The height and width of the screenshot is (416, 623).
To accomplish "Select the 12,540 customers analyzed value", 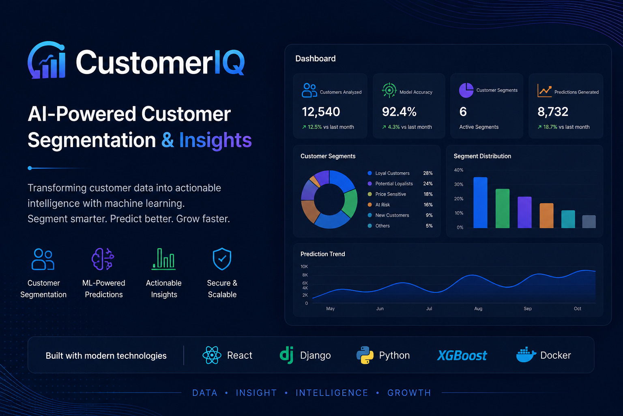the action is [x=321, y=112].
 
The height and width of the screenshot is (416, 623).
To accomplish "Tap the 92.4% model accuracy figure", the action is [x=399, y=112].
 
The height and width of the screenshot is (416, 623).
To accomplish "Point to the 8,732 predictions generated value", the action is [x=553, y=112].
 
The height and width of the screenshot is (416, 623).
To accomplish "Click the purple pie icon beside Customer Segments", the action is [x=466, y=90].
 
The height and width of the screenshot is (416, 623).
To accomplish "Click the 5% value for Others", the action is [x=429, y=226].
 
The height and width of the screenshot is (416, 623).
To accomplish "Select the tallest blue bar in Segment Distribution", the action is [x=480, y=203].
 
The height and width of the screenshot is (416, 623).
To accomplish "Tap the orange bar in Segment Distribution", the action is [x=546, y=216].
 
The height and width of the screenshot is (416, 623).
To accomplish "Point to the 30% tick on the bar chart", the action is [x=459, y=184].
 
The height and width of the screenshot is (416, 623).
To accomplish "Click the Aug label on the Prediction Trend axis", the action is [x=478, y=308].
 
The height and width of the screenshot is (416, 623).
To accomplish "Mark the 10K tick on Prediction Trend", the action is [x=304, y=266].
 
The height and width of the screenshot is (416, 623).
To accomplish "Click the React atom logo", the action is [x=212, y=355].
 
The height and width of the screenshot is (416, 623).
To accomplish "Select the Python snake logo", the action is [x=365, y=355].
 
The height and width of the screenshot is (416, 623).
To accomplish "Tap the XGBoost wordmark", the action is [x=462, y=355].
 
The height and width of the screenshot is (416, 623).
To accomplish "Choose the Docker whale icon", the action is [x=526, y=355].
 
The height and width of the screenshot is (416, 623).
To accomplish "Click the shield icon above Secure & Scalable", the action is [x=222, y=259].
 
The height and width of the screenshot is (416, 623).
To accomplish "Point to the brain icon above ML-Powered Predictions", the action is [x=103, y=259].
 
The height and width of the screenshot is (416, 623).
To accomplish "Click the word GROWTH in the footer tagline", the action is [x=409, y=393].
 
